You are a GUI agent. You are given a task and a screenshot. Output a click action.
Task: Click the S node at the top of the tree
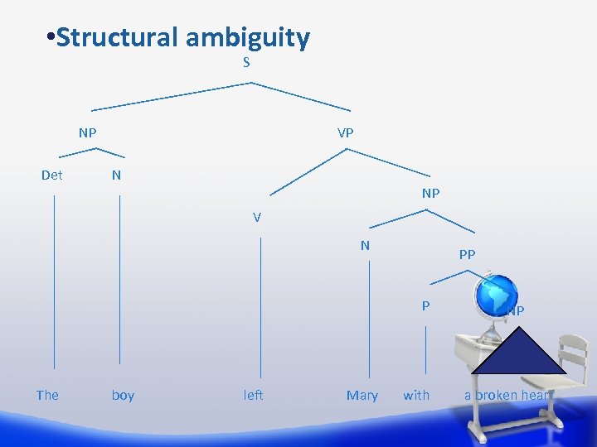pyautogui.click(x=246, y=63)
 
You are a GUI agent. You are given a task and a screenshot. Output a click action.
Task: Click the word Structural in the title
pyautogui.click(x=117, y=37)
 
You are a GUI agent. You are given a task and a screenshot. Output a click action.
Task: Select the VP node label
pyautogui.click(x=346, y=132)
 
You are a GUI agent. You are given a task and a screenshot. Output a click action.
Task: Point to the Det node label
pyautogui.click(x=52, y=175)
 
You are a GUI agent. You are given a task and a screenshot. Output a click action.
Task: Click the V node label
pyautogui.click(x=257, y=218)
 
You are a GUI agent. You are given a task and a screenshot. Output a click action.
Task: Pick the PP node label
pyautogui.click(x=467, y=255)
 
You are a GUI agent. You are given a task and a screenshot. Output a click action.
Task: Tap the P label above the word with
pyautogui.click(x=425, y=305)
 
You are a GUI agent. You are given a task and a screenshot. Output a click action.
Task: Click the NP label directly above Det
pyautogui.click(x=87, y=132)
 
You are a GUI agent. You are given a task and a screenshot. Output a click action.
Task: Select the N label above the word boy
pyautogui.click(x=116, y=175)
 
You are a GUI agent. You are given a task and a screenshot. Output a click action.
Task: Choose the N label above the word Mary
pyautogui.click(x=365, y=245)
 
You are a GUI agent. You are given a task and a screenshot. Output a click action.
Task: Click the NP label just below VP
pyautogui.click(x=430, y=193)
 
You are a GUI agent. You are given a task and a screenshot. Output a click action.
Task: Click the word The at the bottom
pyautogui.click(x=47, y=395)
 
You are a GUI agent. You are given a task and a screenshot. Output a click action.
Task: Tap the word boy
pyautogui.click(x=123, y=395)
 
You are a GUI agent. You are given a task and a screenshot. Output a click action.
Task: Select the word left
pyautogui.click(x=253, y=395)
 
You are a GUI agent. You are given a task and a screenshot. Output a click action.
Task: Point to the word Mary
pyautogui.click(x=362, y=395)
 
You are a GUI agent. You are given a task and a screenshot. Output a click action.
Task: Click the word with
pyautogui.click(x=416, y=395)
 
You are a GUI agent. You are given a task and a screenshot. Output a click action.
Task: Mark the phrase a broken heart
pyautogui.click(x=508, y=395)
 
